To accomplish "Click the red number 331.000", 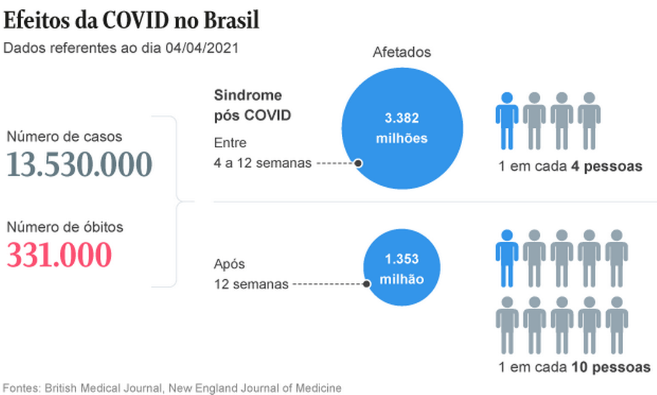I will pyautogui.click(x=59, y=255).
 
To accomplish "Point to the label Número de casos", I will pyautogui.click(x=64, y=137).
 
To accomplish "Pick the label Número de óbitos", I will pyautogui.click(x=65, y=227).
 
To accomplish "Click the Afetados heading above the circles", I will pyautogui.click(x=402, y=52).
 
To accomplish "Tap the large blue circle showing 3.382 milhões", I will pyautogui.click(x=402, y=128).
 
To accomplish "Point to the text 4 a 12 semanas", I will pyautogui.click(x=262, y=163).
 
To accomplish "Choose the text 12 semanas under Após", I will pyautogui.click(x=251, y=284).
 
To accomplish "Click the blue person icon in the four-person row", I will pyautogui.click(x=507, y=121).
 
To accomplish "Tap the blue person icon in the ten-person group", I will pyautogui.click(x=507, y=257).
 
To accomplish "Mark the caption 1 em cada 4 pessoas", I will pyautogui.click(x=570, y=166).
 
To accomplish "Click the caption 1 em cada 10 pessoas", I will pyautogui.click(x=574, y=367).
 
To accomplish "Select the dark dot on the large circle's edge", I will pyautogui.click(x=358, y=163).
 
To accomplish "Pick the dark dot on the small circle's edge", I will pyautogui.click(x=367, y=283).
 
